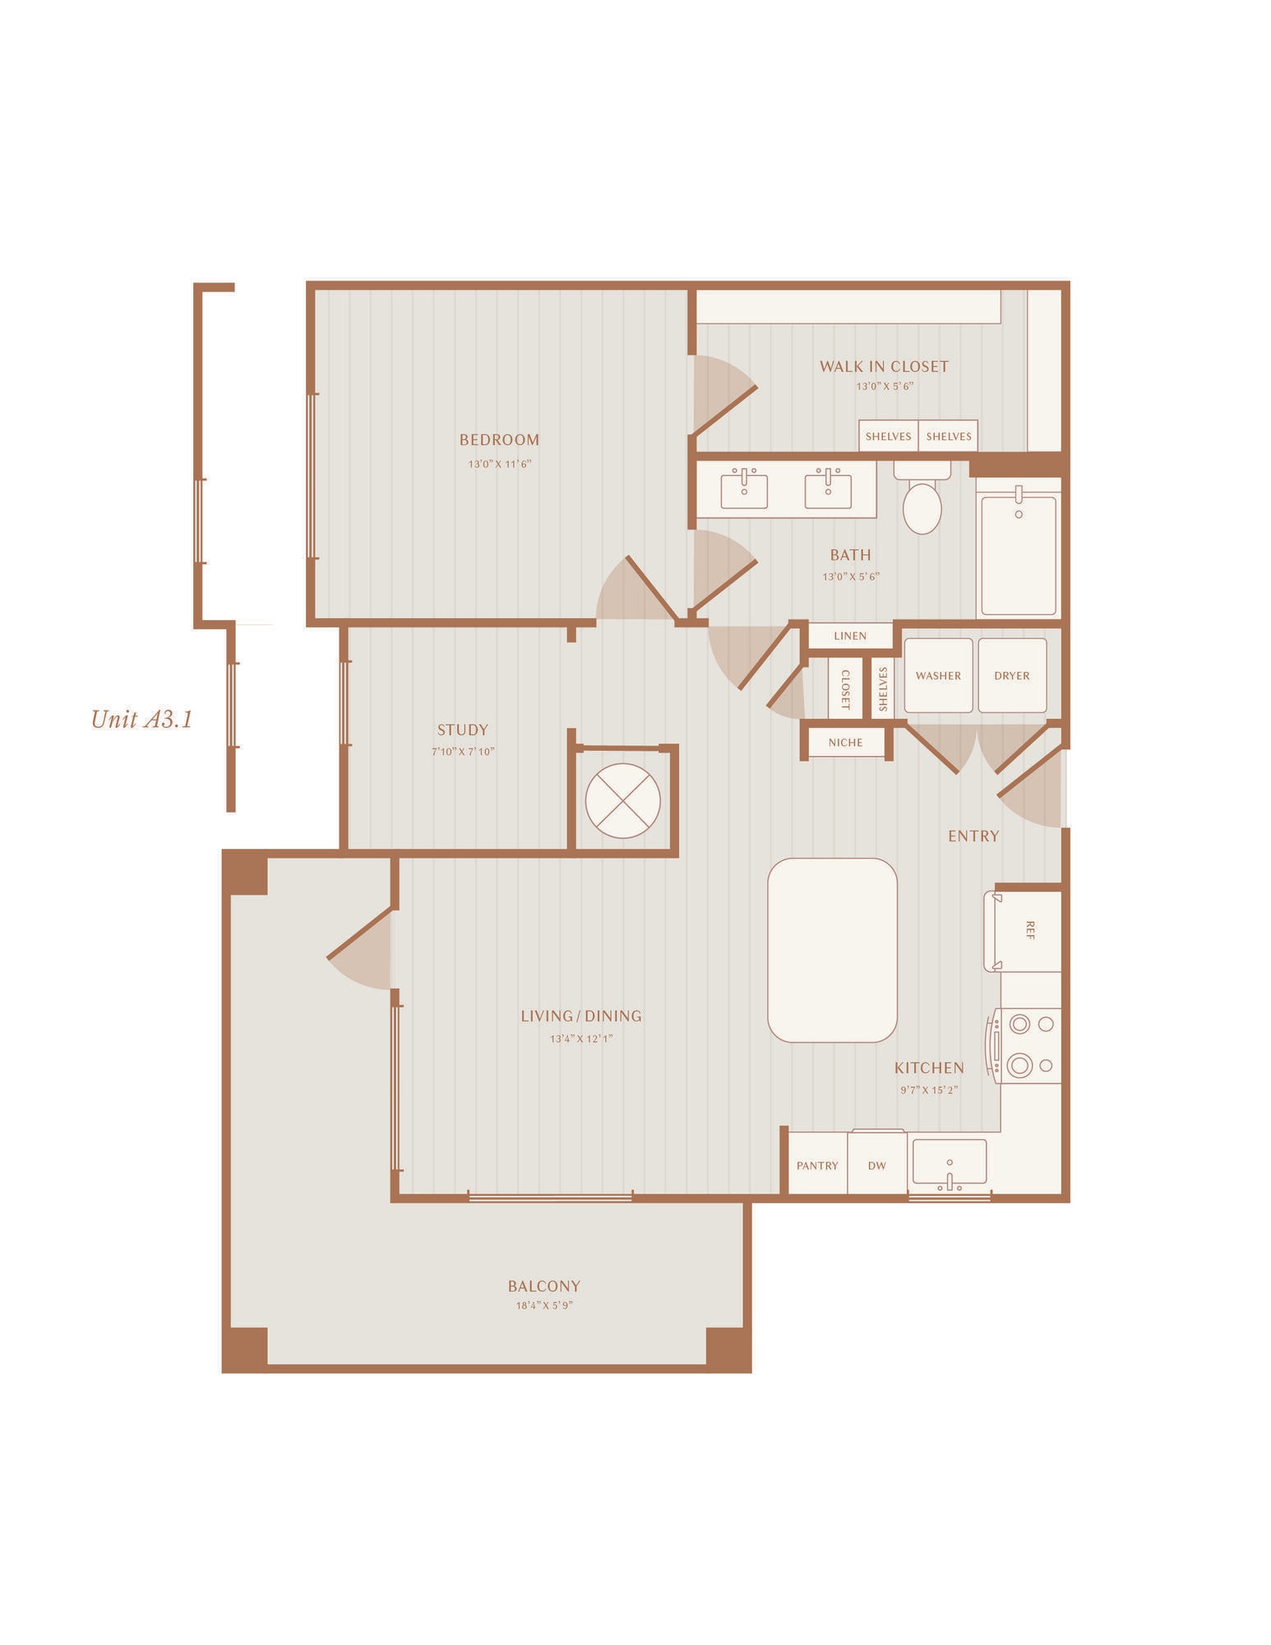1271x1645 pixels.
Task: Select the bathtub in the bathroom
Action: point(1019,554)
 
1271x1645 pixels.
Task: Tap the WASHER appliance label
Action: point(938,675)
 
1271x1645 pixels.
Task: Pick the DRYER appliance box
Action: point(1012,675)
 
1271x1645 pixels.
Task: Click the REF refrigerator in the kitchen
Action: point(1023,931)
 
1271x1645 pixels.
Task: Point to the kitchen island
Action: point(832,950)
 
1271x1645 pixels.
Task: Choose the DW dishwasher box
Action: point(877,1164)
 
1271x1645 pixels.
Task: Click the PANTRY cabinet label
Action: point(817,1165)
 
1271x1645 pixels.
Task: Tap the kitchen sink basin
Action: point(950,1161)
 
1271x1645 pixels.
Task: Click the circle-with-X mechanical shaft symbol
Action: point(623,801)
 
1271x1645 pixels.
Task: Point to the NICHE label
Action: point(846,743)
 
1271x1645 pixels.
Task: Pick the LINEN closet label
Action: point(850,636)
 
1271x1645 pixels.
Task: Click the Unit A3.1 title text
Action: point(141,720)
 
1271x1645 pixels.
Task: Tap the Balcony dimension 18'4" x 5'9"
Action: point(544,1305)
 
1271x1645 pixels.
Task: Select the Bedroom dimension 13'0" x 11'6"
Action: point(500,464)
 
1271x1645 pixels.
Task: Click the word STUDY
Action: point(463,730)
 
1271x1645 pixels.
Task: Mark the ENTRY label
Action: point(973,836)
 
